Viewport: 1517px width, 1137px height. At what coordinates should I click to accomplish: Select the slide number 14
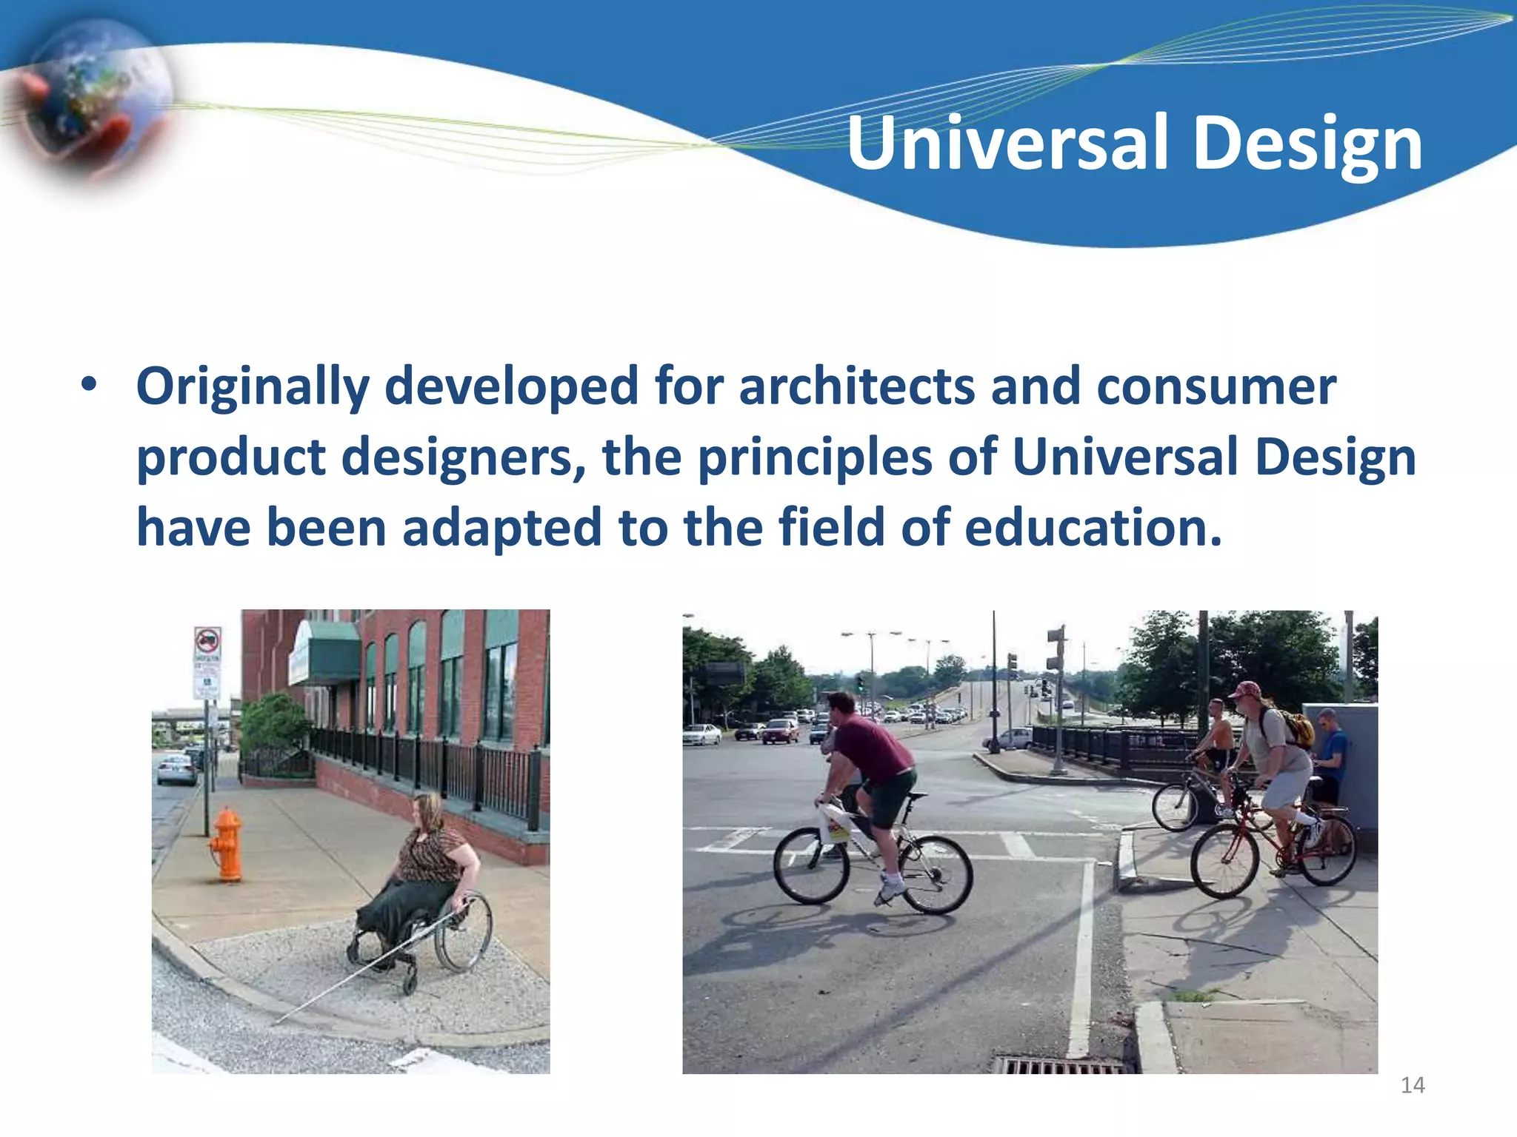click(x=1413, y=1085)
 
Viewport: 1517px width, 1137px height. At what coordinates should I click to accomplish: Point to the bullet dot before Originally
click(x=89, y=386)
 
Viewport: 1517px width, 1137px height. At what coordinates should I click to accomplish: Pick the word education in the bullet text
click(x=1093, y=527)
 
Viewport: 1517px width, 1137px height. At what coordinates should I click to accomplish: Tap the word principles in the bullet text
click(x=815, y=457)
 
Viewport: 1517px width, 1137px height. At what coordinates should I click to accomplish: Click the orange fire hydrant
click(x=227, y=845)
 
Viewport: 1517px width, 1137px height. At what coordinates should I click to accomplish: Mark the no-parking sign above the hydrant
click(x=207, y=644)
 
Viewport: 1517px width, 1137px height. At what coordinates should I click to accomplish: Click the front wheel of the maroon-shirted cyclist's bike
click(x=811, y=866)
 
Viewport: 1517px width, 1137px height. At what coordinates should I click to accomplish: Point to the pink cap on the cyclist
click(x=1244, y=690)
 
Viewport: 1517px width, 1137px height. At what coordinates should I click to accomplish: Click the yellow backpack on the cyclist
click(x=1297, y=728)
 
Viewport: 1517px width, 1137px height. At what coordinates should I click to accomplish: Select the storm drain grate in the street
click(x=1059, y=1066)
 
